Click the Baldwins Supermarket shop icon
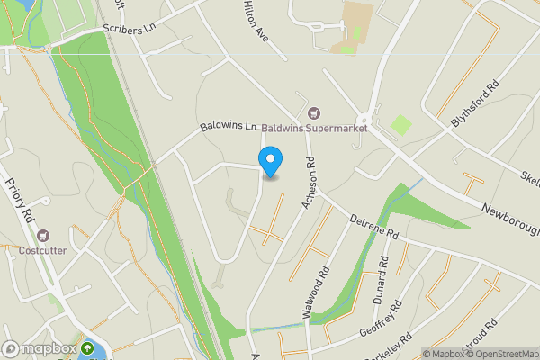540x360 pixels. click(x=313, y=112)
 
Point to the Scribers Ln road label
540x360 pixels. click(x=130, y=29)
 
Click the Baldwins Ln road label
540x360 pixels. click(x=229, y=127)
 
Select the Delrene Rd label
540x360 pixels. click(x=373, y=227)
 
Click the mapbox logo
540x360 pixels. click(x=40, y=348)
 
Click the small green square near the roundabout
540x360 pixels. click(x=401, y=125)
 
